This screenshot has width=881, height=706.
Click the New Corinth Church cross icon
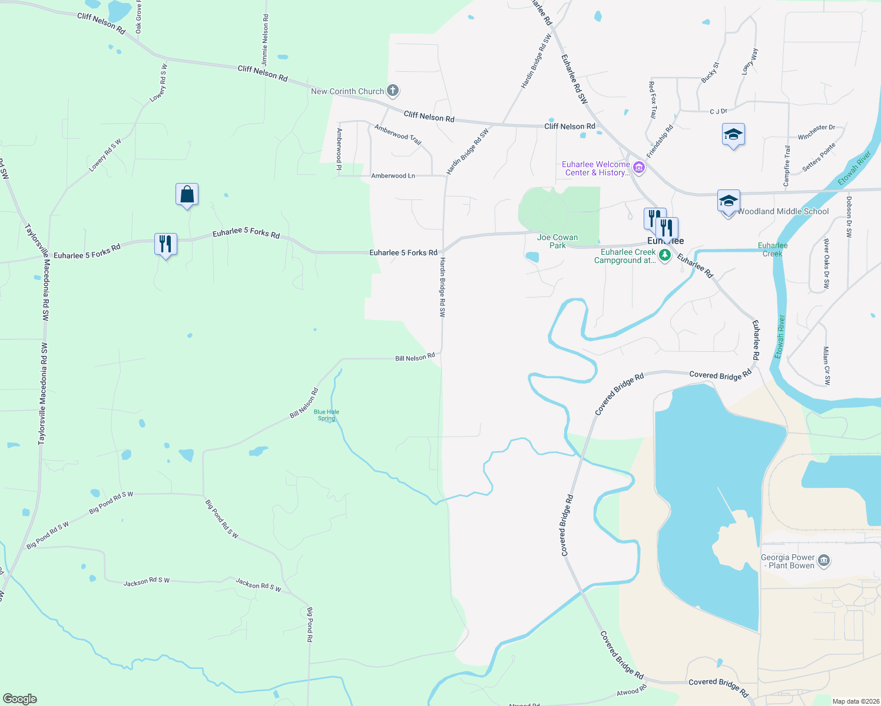point(393,91)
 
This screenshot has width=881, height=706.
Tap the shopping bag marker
point(187,194)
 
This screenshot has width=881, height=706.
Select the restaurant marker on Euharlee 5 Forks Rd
point(165,244)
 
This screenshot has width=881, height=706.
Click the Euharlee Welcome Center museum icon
point(638,168)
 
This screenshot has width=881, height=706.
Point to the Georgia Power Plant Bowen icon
point(824,560)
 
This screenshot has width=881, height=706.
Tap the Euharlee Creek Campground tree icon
point(665,255)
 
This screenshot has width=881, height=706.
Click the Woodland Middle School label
point(783,211)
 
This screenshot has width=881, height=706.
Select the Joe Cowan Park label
point(557,241)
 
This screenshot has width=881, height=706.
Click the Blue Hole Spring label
point(326,415)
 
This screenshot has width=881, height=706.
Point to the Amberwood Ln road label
point(393,176)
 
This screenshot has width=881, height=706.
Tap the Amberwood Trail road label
point(398,135)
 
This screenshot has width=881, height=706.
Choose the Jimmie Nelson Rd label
point(265,40)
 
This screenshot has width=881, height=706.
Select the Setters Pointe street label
point(819,158)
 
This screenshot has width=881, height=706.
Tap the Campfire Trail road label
point(787,166)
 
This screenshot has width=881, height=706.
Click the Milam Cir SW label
point(827,365)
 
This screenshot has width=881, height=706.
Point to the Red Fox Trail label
point(653,100)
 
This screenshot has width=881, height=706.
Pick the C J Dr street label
point(718,111)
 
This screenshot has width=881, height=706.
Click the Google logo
point(20,699)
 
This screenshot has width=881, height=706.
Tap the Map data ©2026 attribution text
point(854,701)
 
